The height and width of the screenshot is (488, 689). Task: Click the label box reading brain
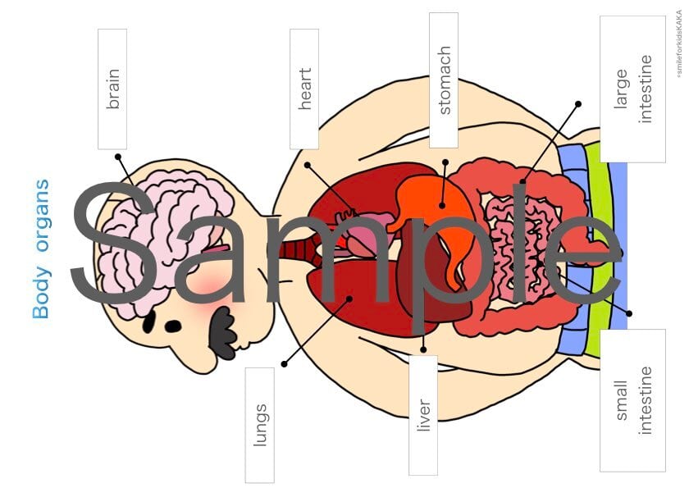point(112,89)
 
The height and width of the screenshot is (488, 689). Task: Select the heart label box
point(304,89)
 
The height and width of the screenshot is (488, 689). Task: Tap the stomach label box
point(444,80)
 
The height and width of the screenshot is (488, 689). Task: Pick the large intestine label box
point(632,89)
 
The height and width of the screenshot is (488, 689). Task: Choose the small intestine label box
point(632,400)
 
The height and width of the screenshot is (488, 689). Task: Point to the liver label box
point(423,415)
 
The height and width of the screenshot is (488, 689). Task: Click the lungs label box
point(259,424)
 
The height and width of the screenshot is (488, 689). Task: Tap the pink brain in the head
point(156,238)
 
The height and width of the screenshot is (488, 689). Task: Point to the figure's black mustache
point(223,332)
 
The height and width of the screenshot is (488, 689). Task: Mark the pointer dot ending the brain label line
point(118,156)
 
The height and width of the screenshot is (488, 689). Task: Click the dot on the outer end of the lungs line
point(285,363)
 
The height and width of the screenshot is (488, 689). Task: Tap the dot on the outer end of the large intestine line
point(578,104)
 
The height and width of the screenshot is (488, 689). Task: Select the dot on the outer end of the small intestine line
point(629,313)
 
